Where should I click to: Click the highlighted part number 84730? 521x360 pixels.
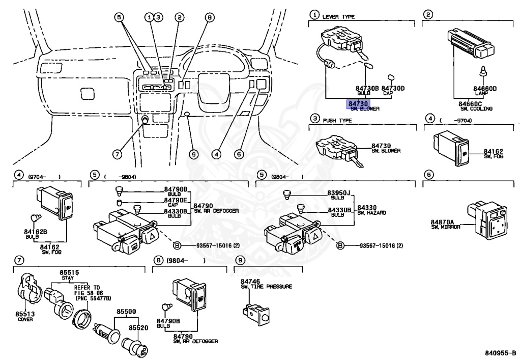click(357, 103)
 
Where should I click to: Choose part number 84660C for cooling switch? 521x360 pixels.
click(461, 103)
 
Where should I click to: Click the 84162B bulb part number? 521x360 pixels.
click(35, 232)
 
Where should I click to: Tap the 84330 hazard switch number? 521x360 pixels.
click(366, 208)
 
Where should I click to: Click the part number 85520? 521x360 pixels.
click(138, 328)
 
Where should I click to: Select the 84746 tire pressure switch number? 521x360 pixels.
click(250, 281)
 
